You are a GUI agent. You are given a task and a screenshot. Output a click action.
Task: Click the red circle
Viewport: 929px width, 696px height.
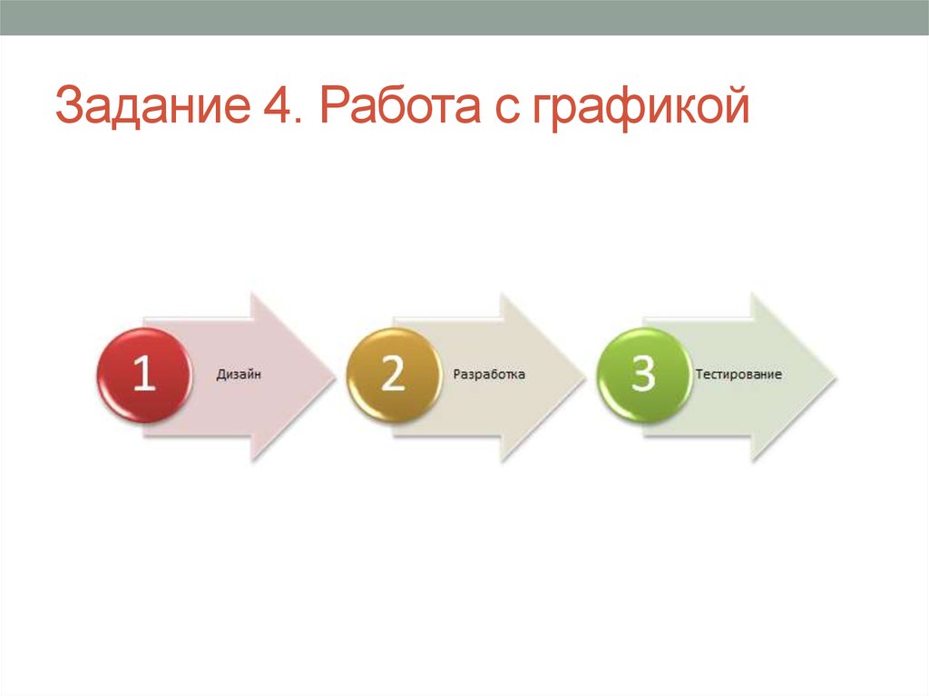click(x=144, y=375)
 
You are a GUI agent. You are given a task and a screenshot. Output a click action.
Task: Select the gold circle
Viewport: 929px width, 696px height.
click(x=394, y=375)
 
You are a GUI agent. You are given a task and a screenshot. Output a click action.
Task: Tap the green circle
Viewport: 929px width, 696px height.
click(x=643, y=375)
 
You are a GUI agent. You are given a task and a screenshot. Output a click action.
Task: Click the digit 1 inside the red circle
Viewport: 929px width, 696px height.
click(x=144, y=374)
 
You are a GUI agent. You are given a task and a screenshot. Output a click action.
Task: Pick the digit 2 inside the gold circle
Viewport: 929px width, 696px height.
click(x=393, y=374)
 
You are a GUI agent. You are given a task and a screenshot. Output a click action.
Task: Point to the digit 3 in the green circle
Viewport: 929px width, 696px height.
click(x=643, y=374)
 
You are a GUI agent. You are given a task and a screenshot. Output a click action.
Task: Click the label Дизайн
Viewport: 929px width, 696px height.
click(x=239, y=374)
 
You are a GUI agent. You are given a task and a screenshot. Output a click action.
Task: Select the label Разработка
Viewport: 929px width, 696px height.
click(x=489, y=374)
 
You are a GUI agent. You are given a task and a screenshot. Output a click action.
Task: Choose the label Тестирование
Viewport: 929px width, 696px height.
click(x=738, y=374)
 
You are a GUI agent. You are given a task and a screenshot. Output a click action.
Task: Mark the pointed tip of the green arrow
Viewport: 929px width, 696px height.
click(x=832, y=376)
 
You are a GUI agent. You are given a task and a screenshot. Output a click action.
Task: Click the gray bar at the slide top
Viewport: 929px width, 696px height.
click(x=464, y=16)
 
